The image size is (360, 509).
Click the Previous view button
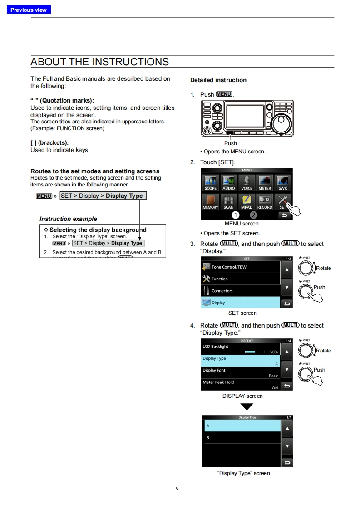coord(29,10)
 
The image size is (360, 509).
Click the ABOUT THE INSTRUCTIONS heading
coord(99,62)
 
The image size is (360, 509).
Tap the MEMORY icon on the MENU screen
coord(210,201)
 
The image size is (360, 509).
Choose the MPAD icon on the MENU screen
coord(247,201)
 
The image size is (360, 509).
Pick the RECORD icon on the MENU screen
coord(265,201)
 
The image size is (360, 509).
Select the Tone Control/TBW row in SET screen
coord(241,267)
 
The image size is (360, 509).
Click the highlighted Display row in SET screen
coord(241,303)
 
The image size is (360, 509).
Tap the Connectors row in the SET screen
coord(241,291)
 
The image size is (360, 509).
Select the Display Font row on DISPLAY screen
coord(241,373)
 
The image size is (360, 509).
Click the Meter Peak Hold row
coord(241,385)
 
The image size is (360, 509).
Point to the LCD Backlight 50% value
coord(274,352)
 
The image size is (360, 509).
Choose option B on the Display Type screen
coord(242,438)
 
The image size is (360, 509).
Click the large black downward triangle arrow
coord(243,407)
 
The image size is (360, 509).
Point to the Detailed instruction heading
coord(218,80)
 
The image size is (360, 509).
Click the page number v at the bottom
coord(177,488)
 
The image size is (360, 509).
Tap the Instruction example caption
coord(68,219)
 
